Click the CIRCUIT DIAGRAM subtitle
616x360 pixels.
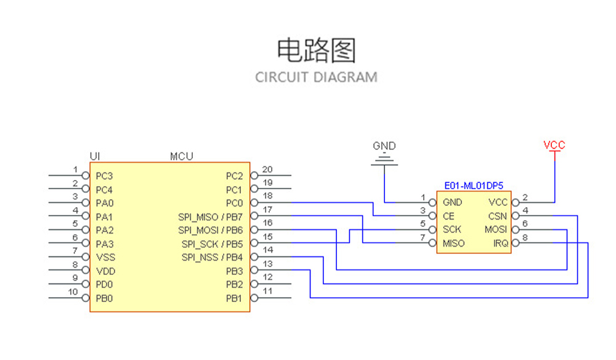coord(316,78)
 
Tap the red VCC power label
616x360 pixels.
coord(554,145)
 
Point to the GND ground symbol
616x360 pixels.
coord(384,160)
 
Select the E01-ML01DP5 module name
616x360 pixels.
coord(473,185)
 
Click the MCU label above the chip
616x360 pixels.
coord(181,156)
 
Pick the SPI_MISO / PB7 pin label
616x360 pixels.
coord(210,216)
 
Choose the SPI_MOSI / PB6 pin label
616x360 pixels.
coord(210,230)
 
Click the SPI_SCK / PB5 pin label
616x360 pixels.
coord(212,243)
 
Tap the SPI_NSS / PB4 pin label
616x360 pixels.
coord(212,257)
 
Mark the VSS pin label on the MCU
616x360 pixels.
coord(105,257)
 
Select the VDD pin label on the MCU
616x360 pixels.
coord(105,271)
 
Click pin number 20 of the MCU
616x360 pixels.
coord(267,170)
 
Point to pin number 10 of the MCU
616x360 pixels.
coord(73,292)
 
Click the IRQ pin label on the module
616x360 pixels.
coord(501,243)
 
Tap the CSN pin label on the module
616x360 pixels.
coord(498,216)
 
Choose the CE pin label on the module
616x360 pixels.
coord(448,216)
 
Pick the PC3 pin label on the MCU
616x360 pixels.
coord(105,176)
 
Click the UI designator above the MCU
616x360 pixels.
coord(95,156)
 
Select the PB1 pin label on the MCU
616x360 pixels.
coord(234,298)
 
